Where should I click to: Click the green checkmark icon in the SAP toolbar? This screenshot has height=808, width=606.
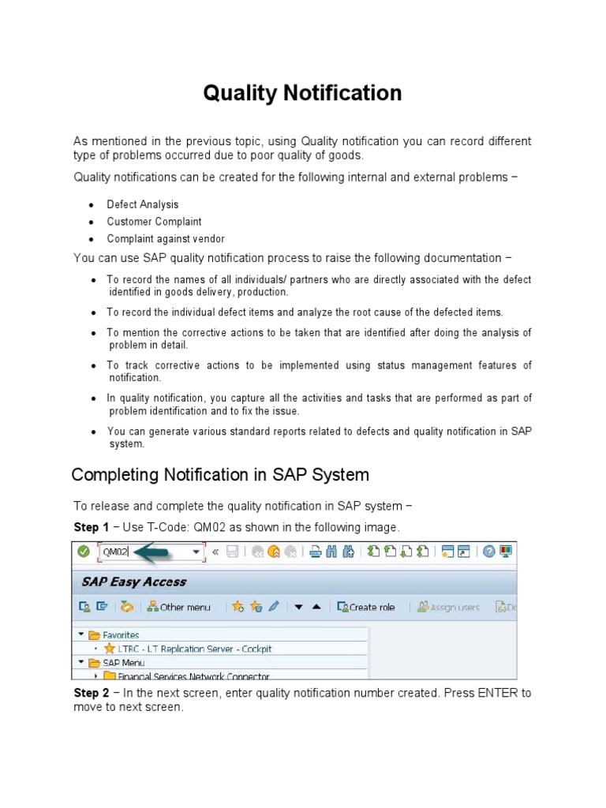pyautogui.click(x=83, y=552)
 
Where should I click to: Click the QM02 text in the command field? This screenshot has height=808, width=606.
pyautogui.click(x=115, y=552)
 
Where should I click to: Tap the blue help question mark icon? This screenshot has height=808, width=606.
pyautogui.click(x=488, y=552)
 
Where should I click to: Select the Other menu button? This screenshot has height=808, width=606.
pyautogui.click(x=179, y=607)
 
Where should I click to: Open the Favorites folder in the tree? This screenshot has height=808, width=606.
pyautogui.click(x=121, y=634)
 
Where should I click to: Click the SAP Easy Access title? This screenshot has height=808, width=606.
pyautogui.click(x=133, y=582)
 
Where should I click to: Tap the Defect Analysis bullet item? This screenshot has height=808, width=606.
pyautogui.click(x=143, y=204)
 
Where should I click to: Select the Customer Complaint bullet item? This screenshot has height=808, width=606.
pyautogui.click(x=154, y=222)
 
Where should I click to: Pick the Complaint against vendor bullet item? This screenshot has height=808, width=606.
pyautogui.click(x=166, y=238)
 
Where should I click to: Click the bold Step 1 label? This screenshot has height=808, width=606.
pyautogui.click(x=91, y=527)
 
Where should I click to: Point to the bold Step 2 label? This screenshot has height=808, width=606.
pyautogui.click(x=91, y=693)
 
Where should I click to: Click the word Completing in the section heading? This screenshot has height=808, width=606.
pyautogui.click(x=116, y=475)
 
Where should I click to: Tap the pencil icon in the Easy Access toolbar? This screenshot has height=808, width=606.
pyautogui.click(x=274, y=607)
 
